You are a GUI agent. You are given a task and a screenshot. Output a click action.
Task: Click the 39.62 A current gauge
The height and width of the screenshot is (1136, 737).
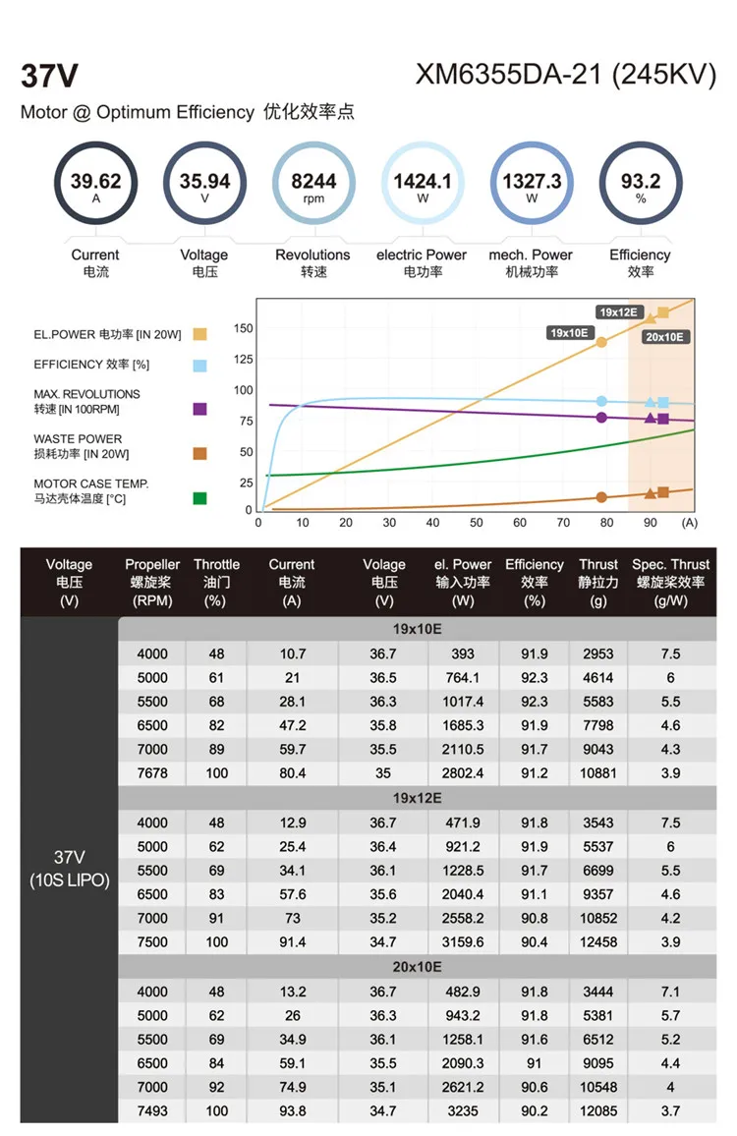(95, 183)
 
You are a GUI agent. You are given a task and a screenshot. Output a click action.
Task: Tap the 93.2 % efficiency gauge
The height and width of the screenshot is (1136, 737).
(641, 183)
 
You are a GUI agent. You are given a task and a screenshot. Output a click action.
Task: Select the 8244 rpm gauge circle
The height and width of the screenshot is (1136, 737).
(313, 183)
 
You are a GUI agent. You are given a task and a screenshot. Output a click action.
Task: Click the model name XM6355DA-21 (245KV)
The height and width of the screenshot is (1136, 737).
(565, 76)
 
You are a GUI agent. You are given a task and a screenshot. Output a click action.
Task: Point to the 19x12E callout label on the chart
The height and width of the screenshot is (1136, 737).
(619, 312)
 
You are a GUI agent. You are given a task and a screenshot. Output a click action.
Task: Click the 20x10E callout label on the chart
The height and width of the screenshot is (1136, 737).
(665, 337)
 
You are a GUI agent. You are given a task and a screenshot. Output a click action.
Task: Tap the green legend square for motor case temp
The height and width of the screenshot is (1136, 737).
(200, 498)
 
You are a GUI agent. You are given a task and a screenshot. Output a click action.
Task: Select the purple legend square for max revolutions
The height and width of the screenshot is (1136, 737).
(200, 409)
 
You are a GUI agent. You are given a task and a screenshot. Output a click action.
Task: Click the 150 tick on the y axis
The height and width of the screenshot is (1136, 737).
(243, 328)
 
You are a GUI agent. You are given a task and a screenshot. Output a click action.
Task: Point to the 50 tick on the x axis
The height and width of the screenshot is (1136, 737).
(477, 523)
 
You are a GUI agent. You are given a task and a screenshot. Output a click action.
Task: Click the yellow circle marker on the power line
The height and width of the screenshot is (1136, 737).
(601, 342)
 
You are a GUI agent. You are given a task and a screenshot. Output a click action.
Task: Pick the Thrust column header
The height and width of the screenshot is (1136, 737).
(598, 582)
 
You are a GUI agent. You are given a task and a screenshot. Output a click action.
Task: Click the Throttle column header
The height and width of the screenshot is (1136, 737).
(216, 582)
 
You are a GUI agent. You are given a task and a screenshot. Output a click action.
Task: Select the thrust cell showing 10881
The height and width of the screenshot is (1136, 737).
(598, 772)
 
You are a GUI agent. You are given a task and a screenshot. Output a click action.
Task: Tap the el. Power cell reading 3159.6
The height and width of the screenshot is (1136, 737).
(463, 941)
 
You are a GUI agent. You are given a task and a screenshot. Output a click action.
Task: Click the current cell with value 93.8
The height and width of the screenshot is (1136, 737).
(292, 1110)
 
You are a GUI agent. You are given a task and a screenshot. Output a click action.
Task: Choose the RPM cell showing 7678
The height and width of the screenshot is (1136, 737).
(152, 772)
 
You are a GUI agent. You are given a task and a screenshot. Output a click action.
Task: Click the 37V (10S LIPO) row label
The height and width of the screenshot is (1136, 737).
(69, 869)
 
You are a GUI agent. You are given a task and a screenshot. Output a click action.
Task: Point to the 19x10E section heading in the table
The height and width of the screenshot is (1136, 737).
(417, 628)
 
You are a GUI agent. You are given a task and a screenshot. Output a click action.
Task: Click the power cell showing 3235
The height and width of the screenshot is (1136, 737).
(463, 1110)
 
